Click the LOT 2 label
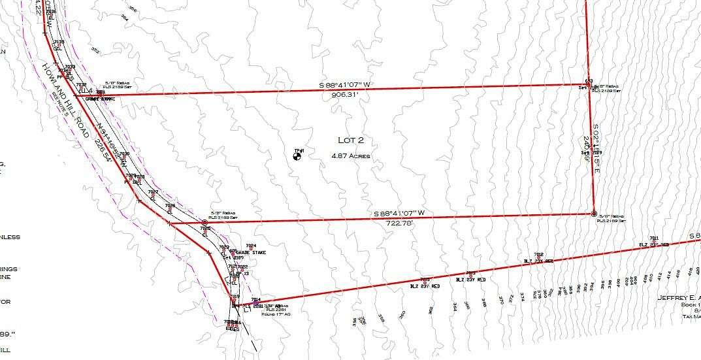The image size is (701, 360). [350, 140]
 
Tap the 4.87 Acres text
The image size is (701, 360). [350, 156]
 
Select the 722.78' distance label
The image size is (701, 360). [399, 223]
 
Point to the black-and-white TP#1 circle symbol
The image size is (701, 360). [297, 155]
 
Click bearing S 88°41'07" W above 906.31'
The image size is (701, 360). [344, 86]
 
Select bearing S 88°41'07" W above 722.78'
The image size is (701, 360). [399, 214]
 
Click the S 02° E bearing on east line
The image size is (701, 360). [596, 146]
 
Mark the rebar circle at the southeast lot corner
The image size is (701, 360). [594, 214]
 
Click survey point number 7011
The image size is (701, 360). [653, 237]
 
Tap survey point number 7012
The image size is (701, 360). [538, 254]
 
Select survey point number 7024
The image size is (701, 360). [241, 246]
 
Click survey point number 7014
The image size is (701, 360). [246, 299]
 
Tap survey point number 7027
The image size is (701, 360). [153, 191]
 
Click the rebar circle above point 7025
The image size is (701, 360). [204, 223]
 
